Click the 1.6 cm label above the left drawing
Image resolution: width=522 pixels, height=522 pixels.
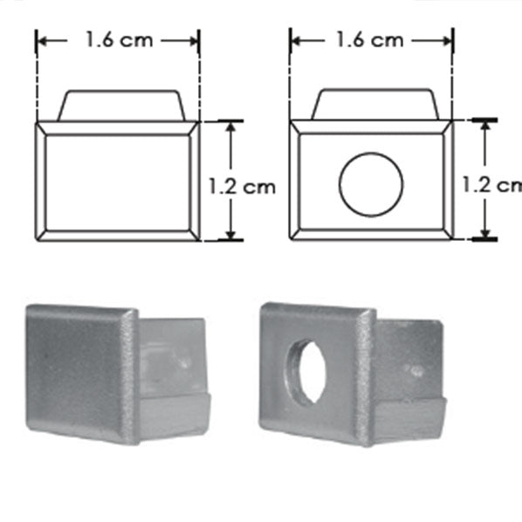coord(117,40)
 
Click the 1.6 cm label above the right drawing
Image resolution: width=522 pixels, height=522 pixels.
coord(372,40)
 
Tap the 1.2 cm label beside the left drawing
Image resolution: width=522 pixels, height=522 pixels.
coord(241,185)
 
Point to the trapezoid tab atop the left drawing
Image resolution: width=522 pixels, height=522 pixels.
coord(120,104)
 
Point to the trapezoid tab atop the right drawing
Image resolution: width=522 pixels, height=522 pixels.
coord(374,104)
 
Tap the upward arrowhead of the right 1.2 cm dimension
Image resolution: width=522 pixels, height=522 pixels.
coord(484,126)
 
